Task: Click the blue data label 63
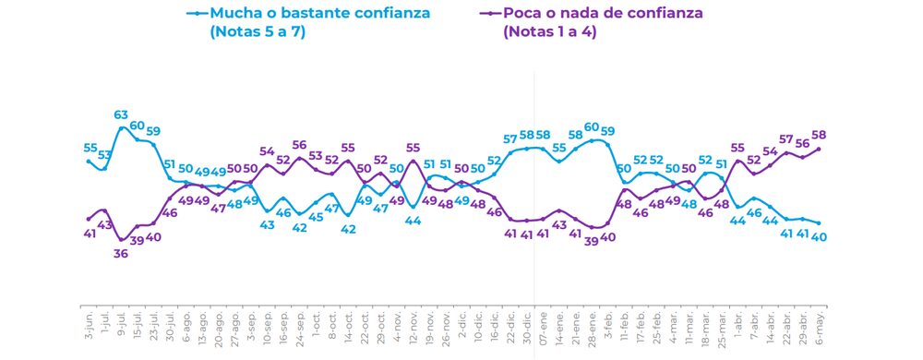121,114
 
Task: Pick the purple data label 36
121,254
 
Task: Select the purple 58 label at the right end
819,135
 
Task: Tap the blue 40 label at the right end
819,235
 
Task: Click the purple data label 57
786,139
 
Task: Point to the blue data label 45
316,217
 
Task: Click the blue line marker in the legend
196,14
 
